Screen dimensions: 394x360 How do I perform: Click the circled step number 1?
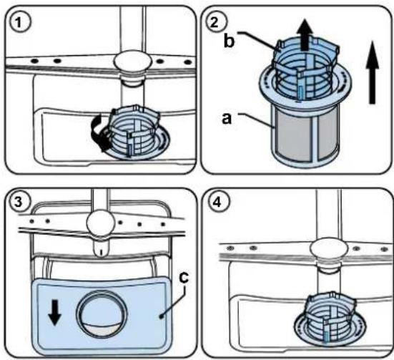click(20, 23)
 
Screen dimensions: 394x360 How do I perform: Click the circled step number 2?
click(216, 23)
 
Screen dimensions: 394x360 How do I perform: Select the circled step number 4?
click(217, 202)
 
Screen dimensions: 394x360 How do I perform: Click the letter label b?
click(229, 40)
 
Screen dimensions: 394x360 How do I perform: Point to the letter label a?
click(227, 119)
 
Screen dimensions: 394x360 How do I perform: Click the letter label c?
click(184, 277)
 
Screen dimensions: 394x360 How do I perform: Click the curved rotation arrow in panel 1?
click(99, 132)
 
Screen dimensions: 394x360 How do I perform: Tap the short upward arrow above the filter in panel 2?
click(305, 35)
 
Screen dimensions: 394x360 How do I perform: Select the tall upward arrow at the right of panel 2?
click(373, 72)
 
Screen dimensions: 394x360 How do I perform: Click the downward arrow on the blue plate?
click(54, 312)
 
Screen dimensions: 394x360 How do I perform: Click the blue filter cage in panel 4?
click(332, 314)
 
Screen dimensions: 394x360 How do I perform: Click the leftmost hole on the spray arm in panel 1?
click(34, 61)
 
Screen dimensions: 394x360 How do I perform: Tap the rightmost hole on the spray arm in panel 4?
click(384, 249)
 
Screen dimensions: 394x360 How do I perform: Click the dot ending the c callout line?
click(161, 318)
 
